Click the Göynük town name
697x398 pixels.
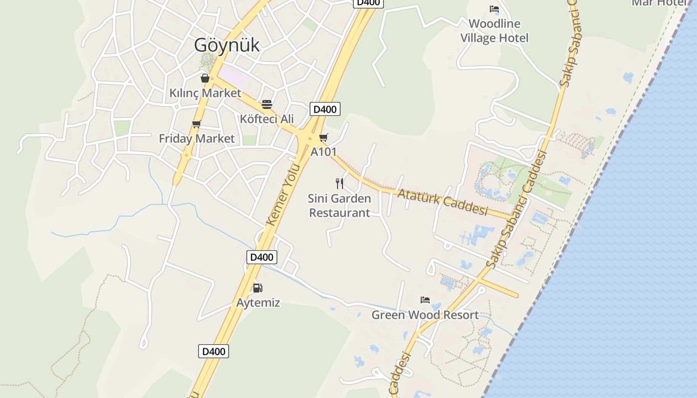tap(227, 45)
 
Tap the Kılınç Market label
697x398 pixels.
tap(205, 93)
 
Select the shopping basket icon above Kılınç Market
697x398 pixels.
tap(205, 78)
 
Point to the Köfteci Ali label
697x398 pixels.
tap(267, 119)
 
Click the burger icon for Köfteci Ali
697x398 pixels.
tap(267, 104)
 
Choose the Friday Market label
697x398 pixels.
tap(197, 138)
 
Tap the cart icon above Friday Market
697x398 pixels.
tap(197, 124)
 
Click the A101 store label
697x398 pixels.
tap(324, 152)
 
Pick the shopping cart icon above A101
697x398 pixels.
tap(324, 137)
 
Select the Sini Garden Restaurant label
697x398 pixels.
tap(340, 205)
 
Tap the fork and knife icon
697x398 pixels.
tap(340, 183)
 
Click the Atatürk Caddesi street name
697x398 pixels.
tap(442, 201)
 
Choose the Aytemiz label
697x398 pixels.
tap(258, 302)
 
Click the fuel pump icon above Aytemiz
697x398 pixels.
tap(257, 288)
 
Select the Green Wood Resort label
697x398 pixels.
tap(425, 315)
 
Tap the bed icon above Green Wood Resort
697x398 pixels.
tap(425, 300)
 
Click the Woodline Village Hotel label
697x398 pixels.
tap(494, 31)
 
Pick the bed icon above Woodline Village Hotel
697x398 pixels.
tap(494, 9)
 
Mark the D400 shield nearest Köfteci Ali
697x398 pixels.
tap(325, 109)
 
